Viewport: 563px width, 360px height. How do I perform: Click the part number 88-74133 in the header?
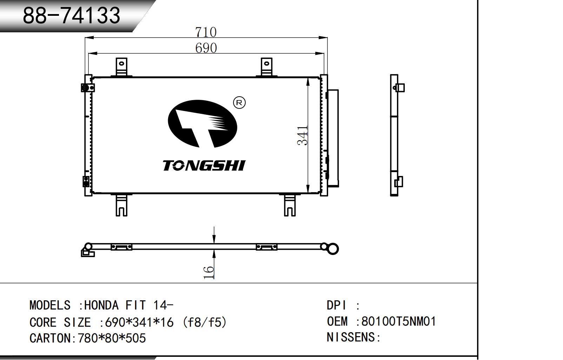click(72, 15)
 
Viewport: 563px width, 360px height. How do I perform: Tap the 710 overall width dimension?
click(206, 32)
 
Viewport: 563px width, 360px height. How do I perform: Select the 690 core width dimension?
click(206, 48)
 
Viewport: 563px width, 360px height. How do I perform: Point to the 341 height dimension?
click(303, 135)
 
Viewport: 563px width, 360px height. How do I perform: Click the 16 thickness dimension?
click(209, 272)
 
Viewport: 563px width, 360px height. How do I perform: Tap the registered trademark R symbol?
click(239, 103)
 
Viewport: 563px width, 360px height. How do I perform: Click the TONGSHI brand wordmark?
click(204, 165)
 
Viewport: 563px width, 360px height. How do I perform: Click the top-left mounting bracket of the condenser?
click(121, 67)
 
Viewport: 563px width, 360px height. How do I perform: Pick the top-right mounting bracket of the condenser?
click(266, 67)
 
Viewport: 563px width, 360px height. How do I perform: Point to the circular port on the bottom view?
click(333, 249)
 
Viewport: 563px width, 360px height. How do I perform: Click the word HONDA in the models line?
click(101, 305)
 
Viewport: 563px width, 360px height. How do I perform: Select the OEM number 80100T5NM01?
click(399, 321)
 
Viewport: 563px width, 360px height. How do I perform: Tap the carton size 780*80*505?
click(112, 338)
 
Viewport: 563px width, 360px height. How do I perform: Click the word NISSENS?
click(351, 337)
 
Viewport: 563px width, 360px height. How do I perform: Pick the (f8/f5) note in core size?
click(204, 322)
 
